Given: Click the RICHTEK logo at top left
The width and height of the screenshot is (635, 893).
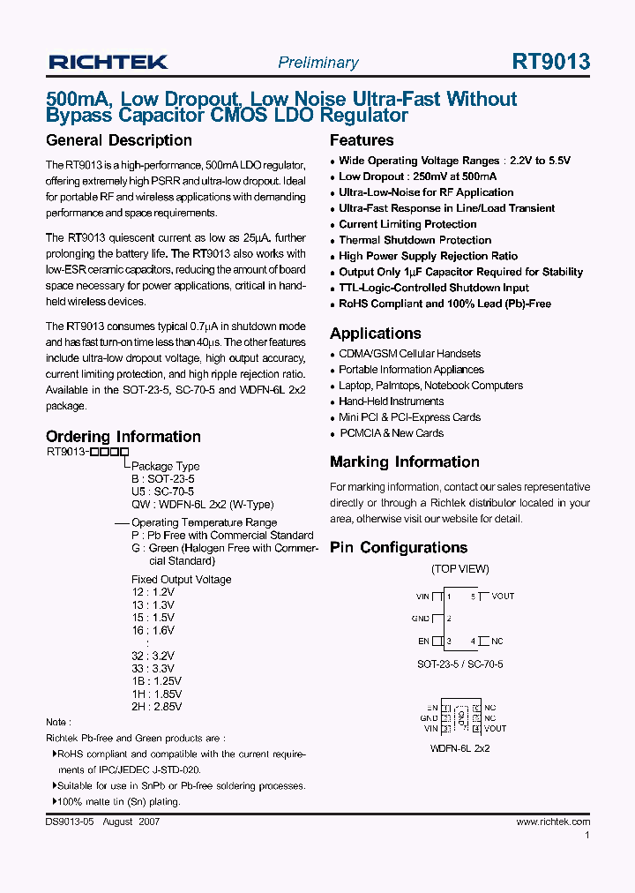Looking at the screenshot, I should [x=108, y=62].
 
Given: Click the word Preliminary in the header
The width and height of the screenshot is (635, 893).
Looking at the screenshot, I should [x=317, y=63].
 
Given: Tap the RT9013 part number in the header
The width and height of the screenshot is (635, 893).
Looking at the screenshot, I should [x=550, y=62].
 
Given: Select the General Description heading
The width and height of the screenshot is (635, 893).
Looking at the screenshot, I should [x=118, y=140].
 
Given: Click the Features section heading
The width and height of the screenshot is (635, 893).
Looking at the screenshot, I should [x=362, y=140].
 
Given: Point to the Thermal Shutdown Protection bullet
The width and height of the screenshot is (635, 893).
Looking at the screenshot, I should [x=415, y=240].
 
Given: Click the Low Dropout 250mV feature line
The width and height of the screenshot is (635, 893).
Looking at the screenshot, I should [x=424, y=176].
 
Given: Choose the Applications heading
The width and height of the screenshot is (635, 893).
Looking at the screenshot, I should [x=376, y=334].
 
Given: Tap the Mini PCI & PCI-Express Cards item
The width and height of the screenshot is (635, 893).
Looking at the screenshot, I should [x=409, y=417].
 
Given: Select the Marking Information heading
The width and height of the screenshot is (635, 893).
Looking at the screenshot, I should [x=405, y=462].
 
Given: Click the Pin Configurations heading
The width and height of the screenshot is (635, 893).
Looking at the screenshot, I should [x=399, y=548].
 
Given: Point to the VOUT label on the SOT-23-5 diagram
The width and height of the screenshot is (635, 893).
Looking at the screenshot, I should [x=503, y=597].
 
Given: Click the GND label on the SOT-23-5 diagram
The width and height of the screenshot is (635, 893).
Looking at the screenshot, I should [x=421, y=619].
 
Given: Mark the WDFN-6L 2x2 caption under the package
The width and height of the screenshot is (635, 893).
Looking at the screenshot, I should [x=459, y=748].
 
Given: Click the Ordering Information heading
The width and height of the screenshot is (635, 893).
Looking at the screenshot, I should [x=123, y=437].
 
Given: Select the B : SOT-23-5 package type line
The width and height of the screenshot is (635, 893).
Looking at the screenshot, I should [x=163, y=479].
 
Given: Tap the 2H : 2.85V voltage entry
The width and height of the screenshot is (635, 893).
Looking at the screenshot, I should [x=156, y=707].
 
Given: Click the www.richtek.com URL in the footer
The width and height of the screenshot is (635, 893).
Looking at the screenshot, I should [x=553, y=822].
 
